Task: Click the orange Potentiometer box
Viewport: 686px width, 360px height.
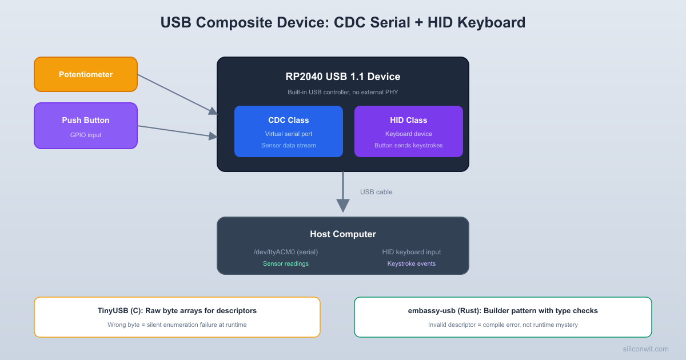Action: coord(86,74)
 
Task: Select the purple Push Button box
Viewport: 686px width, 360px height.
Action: coord(86,126)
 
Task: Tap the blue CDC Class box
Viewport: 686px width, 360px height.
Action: coord(289,131)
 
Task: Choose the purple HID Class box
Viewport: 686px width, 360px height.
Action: coord(409,131)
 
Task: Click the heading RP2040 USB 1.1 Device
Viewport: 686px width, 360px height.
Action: coord(343,77)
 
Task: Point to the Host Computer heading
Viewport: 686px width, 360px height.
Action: coord(343,234)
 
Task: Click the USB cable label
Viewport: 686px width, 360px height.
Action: coord(376,192)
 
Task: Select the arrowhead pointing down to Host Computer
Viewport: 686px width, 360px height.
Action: coord(343,205)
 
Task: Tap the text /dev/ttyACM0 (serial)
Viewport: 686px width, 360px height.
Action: coord(286,252)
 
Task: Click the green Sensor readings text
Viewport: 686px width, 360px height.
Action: coord(286,263)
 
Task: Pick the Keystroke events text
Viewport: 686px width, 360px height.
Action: coord(412,263)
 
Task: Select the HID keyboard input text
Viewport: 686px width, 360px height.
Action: coord(412,252)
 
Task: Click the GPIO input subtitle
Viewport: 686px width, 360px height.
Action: coord(86,135)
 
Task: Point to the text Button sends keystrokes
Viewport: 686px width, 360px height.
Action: coord(409,145)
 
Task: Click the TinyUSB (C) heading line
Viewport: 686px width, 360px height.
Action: coord(177,311)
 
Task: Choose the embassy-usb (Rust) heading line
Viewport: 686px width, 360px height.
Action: coord(503,311)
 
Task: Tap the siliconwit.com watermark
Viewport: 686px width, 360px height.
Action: coord(645,349)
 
